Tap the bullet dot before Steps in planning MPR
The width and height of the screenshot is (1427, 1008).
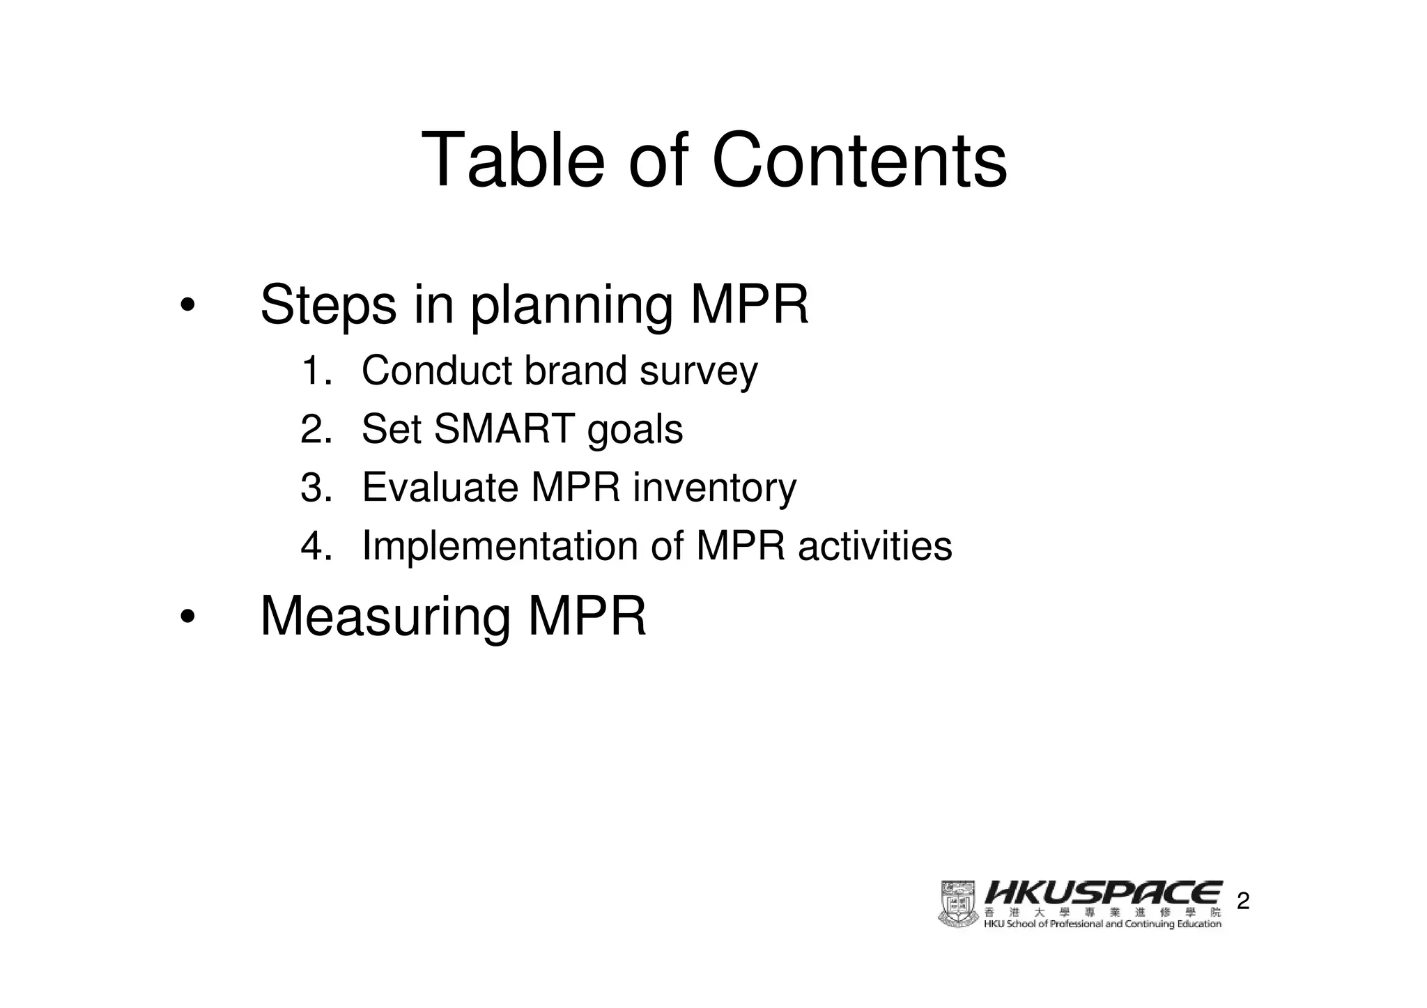click(187, 307)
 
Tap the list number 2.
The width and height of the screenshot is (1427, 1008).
click(314, 429)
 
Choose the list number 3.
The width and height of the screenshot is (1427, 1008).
click(314, 488)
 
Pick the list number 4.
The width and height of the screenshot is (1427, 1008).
click(314, 546)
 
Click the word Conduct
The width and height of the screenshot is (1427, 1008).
click(437, 371)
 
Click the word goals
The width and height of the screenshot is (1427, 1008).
click(635, 431)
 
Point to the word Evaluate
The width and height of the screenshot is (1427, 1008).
click(440, 488)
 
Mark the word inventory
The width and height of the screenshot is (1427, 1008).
click(714, 489)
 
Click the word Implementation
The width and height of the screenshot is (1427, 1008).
click(500, 546)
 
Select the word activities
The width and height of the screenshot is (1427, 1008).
click(874, 546)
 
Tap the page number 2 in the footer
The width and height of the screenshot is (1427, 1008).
click(1243, 903)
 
